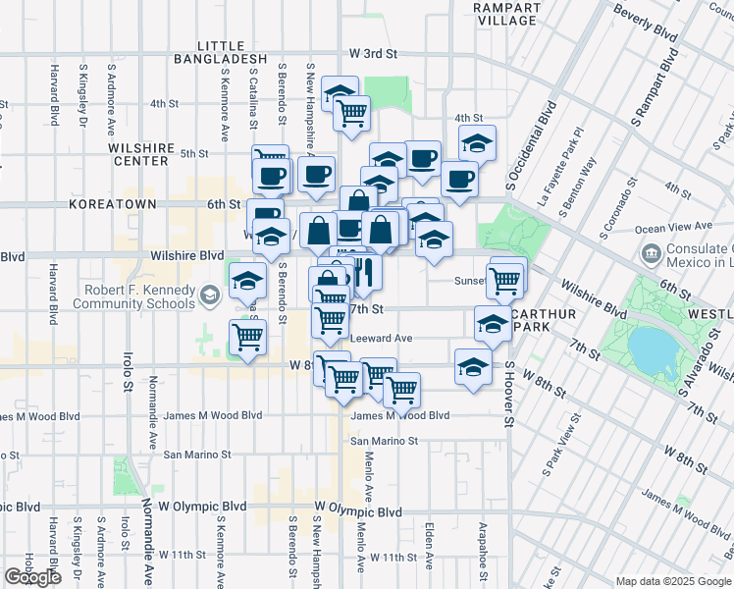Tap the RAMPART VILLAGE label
506,14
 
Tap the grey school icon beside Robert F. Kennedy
209,294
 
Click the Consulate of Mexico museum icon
651,255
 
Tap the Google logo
32,576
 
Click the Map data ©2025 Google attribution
672,581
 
